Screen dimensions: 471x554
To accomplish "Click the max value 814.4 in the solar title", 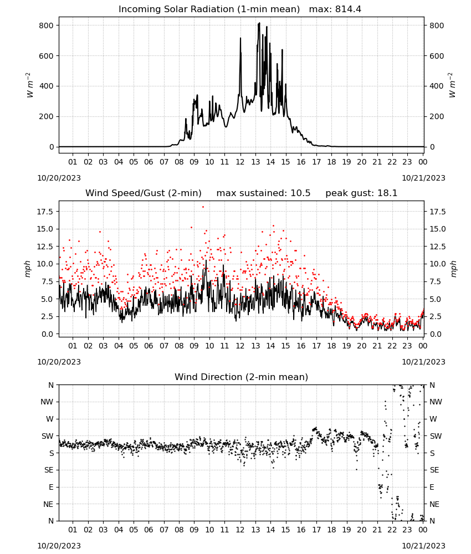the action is pos(348,9).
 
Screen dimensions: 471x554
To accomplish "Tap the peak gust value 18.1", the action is pos(387,193).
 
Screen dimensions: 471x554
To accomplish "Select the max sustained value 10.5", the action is pos(300,193).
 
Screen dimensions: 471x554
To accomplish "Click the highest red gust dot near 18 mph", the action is pos(203,207).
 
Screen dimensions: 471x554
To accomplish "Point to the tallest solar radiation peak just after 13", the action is pos(259,23).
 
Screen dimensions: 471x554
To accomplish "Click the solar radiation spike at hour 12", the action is pos(240,39).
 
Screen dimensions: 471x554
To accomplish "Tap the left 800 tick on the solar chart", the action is pos(47,25).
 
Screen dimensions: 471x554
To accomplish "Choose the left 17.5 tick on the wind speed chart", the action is pos(45,212).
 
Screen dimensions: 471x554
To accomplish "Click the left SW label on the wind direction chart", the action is pos(48,436).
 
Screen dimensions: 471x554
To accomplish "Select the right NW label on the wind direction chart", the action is pos(436,402).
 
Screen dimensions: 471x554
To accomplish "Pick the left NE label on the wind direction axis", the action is pos(48,504).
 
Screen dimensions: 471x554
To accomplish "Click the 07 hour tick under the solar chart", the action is pos(164,162).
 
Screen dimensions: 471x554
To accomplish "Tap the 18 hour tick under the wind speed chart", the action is pos(331,346).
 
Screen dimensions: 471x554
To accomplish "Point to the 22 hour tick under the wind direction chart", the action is pos(392,530).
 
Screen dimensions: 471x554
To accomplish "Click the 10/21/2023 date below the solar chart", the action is pos(423,178).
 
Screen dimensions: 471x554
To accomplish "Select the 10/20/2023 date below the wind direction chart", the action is pos(59,546).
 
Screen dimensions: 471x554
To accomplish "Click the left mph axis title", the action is pos(28,269).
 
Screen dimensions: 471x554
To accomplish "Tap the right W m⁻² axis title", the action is pos(452,85).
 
